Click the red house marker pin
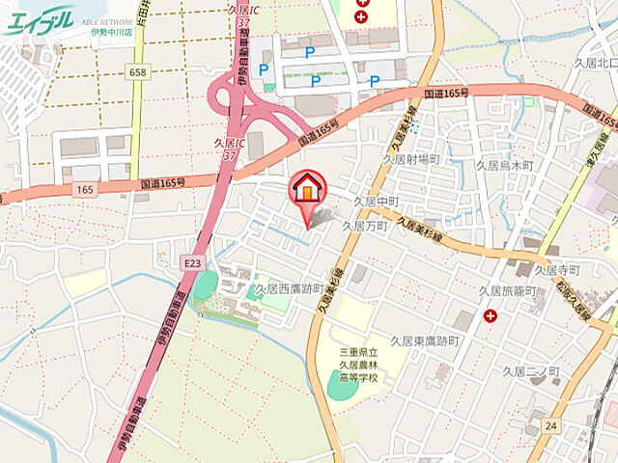pyautogui.click(x=307, y=188)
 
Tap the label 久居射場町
pyautogui.click(x=410, y=159)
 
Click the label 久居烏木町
pyautogui.click(x=504, y=165)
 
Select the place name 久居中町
pyautogui.click(x=377, y=201)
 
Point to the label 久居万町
pyautogui.click(x=364, y=226)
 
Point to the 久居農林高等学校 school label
pyautogui.click(x=359, y=365)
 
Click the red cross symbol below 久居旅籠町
pyautogui.click(x=492, y=315)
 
